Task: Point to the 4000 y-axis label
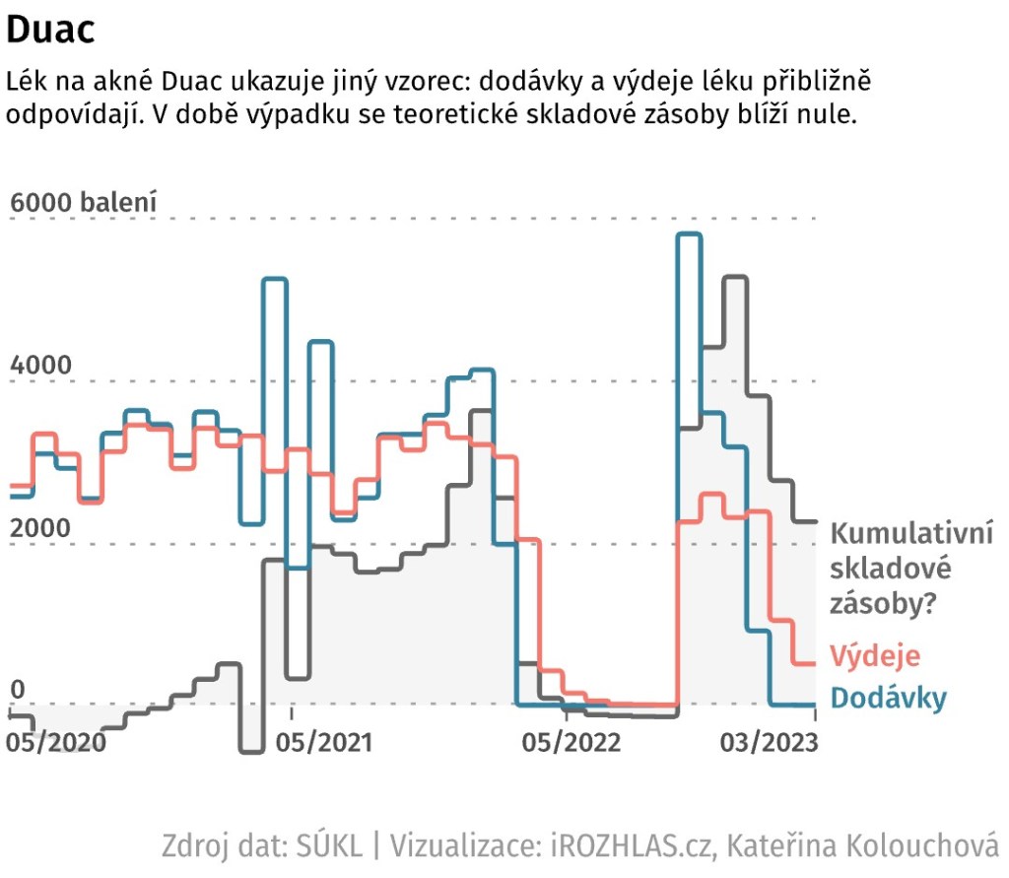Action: tap(40, 366)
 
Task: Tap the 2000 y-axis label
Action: tap(40, 528)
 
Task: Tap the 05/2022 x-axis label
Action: tap(572, 740)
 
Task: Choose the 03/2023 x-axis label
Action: tap(769, 740)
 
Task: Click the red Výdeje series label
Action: tap(875, 655)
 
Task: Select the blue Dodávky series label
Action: tap(889, 698)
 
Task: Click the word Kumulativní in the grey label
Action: tap(911, 535)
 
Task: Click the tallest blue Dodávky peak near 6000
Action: tap(689, 235)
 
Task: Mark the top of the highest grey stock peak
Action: tap(736, 278)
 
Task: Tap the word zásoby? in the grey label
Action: tap(883, 602)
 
